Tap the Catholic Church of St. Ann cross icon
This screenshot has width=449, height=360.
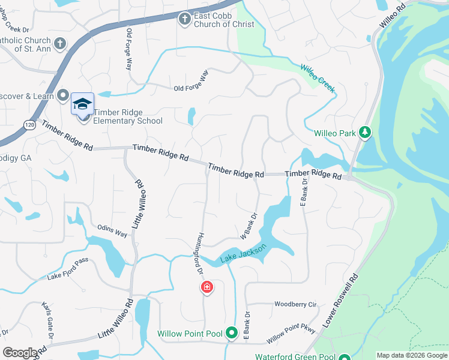point(59,44)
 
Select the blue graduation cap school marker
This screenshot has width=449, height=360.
point(83,104)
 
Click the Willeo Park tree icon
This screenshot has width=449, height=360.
point(364,132)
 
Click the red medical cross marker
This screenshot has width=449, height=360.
point(206,288)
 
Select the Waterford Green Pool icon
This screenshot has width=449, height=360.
point(344,356)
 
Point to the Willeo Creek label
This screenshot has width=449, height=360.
point(318,79)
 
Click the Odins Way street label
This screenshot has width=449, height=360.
point(113,231)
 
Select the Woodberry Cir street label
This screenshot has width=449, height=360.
point(295,304)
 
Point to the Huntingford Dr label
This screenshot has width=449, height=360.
point(200,254)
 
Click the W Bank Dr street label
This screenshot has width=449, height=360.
point(249,226)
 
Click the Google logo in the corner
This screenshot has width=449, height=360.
point(20,353)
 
